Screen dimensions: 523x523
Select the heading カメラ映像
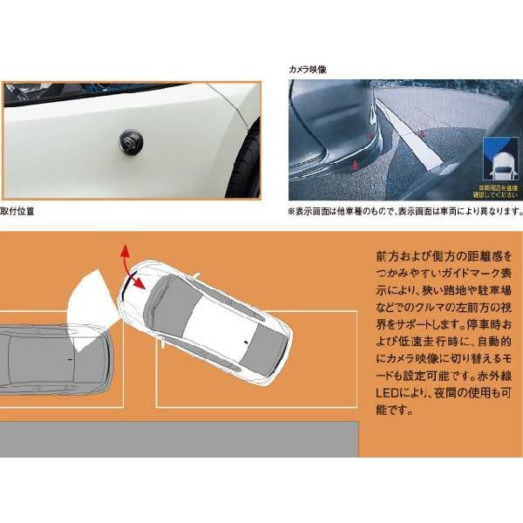[309, 67]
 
